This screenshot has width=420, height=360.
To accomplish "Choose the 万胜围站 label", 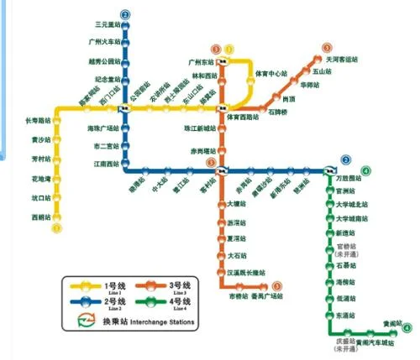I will [x=349, y=179].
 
